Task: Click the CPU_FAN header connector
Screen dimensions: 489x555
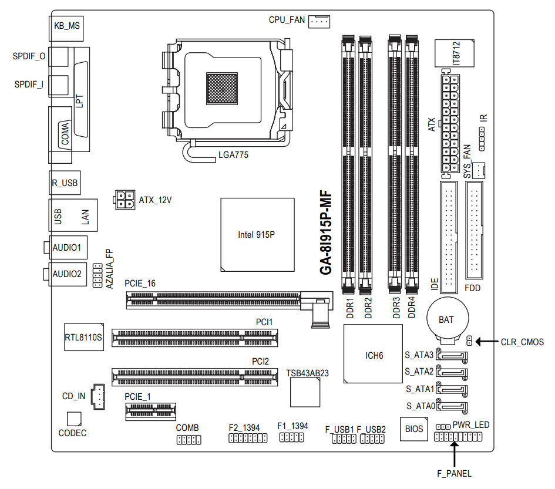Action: coord(318,21)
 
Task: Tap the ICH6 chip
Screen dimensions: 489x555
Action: coord(374,356)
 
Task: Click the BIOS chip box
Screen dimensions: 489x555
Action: coord(413,429)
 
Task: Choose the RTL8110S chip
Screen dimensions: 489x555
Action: coord(83,336)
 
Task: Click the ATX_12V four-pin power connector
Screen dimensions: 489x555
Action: coord(123,200)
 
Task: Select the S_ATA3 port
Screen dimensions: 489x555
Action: coord(453,355)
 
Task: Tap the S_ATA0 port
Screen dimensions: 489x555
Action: coord(453,406)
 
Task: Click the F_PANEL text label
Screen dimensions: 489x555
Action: coord(454,473)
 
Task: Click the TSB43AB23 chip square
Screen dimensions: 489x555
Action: coord(305,392)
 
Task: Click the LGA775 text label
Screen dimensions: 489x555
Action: coord(233,156)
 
